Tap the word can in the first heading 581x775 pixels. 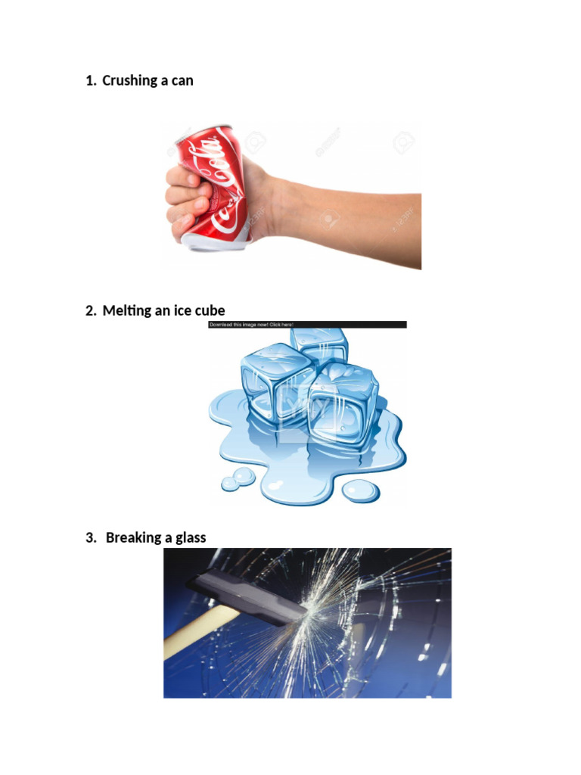click(x=182, y=80)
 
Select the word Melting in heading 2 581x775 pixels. click(x=127, y=310)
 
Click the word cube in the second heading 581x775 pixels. click(x=209, y=310)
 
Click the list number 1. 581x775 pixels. click(x=90, y=80)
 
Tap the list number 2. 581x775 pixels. click(x=90, y=310)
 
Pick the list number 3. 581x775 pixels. click(x=90, y=537)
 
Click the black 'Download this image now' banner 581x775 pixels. click(x=307, y=325)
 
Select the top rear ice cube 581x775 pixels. click(x=322, y=344)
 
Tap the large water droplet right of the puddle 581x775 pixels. click(x=361, y=491)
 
